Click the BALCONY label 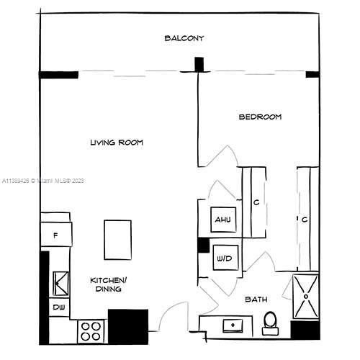tap(184, 38)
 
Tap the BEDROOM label tap(260, 117)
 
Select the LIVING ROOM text tap(117, 143)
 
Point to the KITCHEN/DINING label tap(109, 284)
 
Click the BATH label tap(256, 300)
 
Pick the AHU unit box tap(223, 220)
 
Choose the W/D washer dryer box tap(225, 258)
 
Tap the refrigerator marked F tap(56, 234)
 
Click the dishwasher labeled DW tap(59, 307)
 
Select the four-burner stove tap(91, 331)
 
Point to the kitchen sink tap(60, 284)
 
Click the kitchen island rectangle tap(117, 240)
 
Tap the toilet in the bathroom tap(270, 323)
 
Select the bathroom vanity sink tap(233, 325)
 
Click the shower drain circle tap(306, 297)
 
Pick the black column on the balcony tap(199, 64)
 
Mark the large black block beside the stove tap(128, 327)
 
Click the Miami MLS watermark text tap(43, 181)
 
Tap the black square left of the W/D tap(204, 245)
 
